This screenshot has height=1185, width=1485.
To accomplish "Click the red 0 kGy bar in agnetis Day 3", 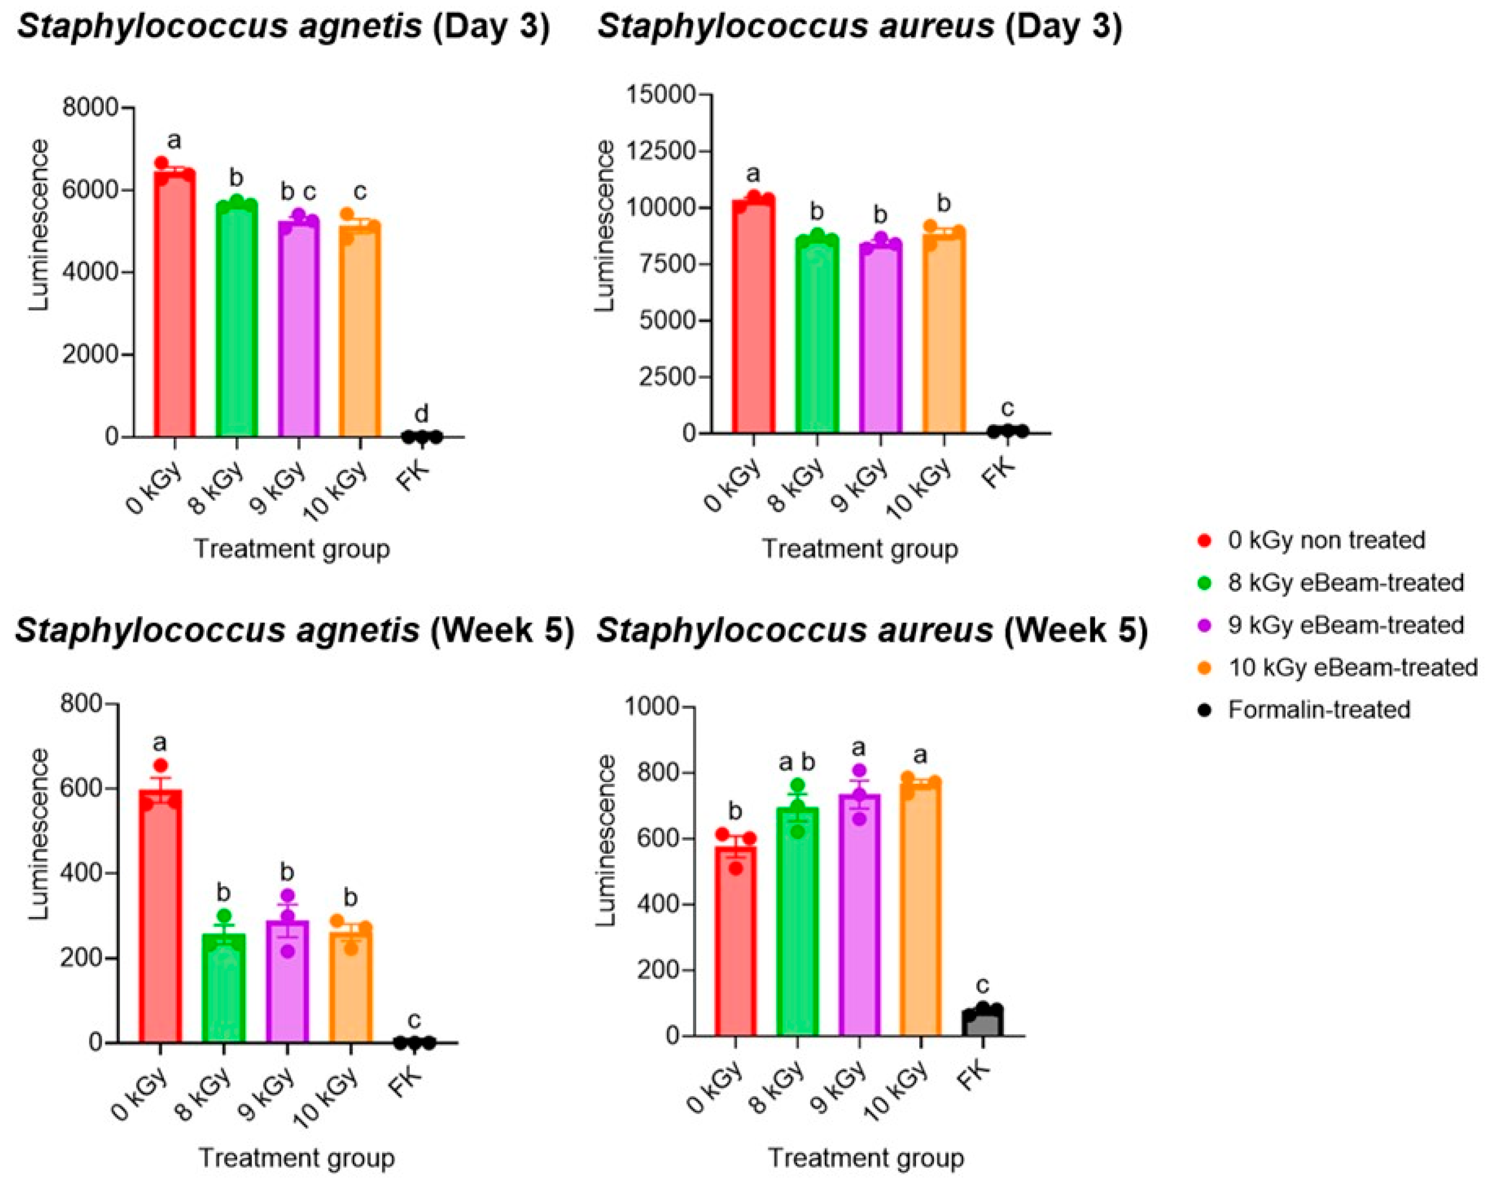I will [x=174, y=310].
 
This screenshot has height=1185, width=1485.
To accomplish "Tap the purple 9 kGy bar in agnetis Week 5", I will [x=288, y=985].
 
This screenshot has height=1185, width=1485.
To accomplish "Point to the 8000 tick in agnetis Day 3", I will [x=90, y=108].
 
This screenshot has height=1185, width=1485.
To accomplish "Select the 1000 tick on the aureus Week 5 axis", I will [x=651, y=706].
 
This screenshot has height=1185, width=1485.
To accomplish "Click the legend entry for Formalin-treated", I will [x=1319, y=709].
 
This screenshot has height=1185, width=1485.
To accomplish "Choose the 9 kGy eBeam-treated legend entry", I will [x=1345, y=625].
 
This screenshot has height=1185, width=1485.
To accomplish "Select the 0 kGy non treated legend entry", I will [x=1325, y=540].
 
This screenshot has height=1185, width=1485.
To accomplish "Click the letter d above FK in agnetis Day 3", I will [x=421, y=413].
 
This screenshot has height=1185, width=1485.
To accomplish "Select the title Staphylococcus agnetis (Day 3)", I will [x=283, y=26].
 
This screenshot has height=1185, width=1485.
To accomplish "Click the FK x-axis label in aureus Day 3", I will [x=999, y=475].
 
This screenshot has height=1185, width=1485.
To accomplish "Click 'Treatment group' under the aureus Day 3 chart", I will [x=859, y=549].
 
